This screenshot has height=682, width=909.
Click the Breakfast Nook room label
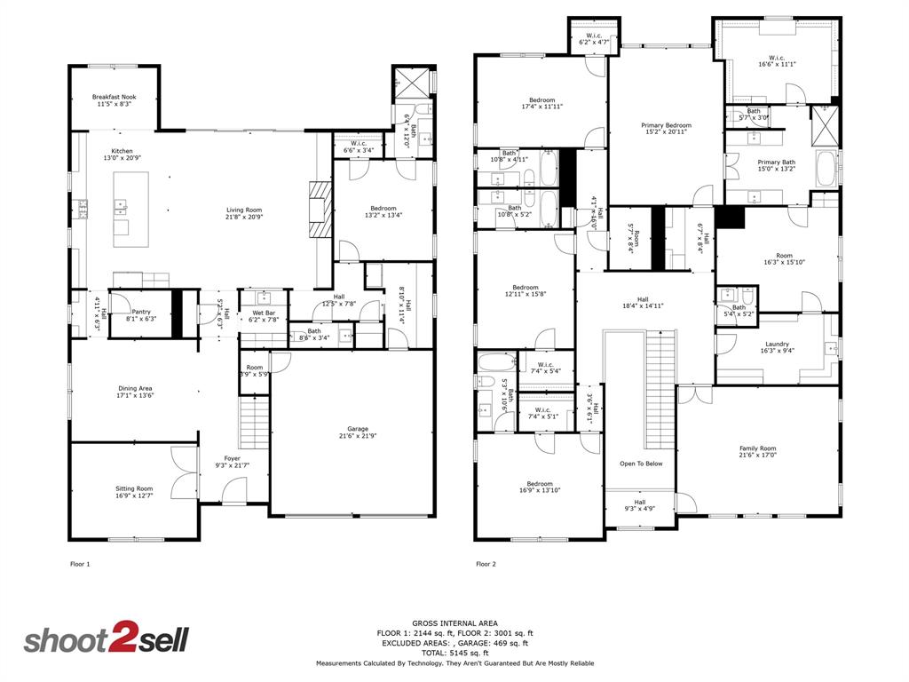(115, 97)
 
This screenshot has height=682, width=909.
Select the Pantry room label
(141, 312)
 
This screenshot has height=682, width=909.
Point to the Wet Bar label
(264, 313)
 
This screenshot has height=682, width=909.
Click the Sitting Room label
(133, 488)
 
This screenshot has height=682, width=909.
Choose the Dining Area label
(136, 388)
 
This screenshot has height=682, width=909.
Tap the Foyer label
(232, 458)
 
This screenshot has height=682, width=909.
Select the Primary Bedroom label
(666, 125)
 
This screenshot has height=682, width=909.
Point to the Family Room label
(758, 448)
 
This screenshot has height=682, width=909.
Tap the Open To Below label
(640, 464)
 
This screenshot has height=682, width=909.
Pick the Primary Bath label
(776, 163)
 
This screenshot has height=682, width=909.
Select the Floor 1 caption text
(80, 564)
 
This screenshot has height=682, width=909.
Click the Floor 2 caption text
(486, 564)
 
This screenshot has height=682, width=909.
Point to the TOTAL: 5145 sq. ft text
(454, 653)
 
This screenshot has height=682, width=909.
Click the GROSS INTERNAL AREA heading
(454, 623)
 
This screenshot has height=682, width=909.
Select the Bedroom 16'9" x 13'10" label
(540, 484)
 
